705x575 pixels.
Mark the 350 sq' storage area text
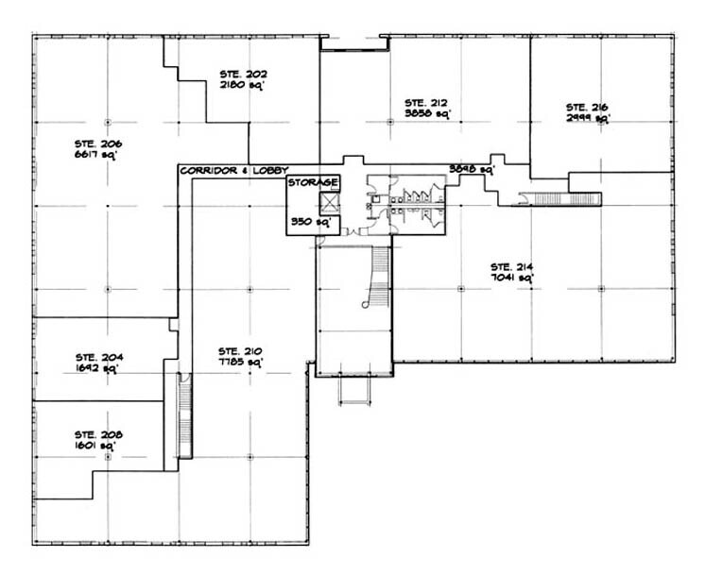(x=303, y=223)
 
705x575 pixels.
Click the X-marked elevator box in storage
(x=330, y=201)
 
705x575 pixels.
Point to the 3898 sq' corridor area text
(x=472, y=170)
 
